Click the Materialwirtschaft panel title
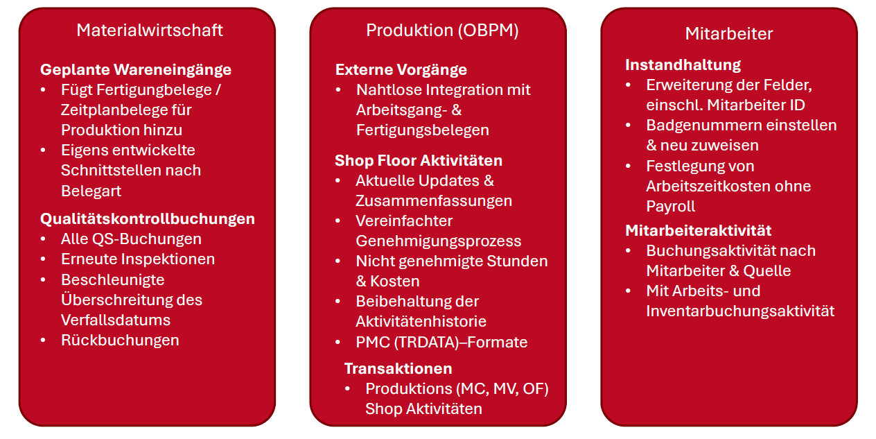click(x=150, y=31)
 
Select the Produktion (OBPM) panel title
click(x=442, y=31)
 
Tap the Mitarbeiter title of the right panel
click(x=729, y=34)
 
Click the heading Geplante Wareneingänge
click(x=136, y=70)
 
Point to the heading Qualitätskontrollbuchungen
click(x=148, y=219)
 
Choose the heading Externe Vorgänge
click(x=401, y=70)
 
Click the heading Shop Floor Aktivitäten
click(x=419, y=161)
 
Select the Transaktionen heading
click(x=398, y=368)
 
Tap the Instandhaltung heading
click(x=683, y=65)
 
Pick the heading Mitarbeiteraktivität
click(x=699, y=230)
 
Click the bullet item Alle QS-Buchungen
click(x=131, y=239)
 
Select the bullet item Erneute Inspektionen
click(x=138, y=259)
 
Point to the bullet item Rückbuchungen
click(x=120, y=341)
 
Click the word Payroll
click(x=671, y=207)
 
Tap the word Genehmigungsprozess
click(x=439, y=241)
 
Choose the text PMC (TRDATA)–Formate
click(x=441, y=343)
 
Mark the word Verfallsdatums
click(x=116, y=320)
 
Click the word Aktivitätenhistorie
click(x=421, y=322)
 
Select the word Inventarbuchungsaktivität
click(x=740, y=311)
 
